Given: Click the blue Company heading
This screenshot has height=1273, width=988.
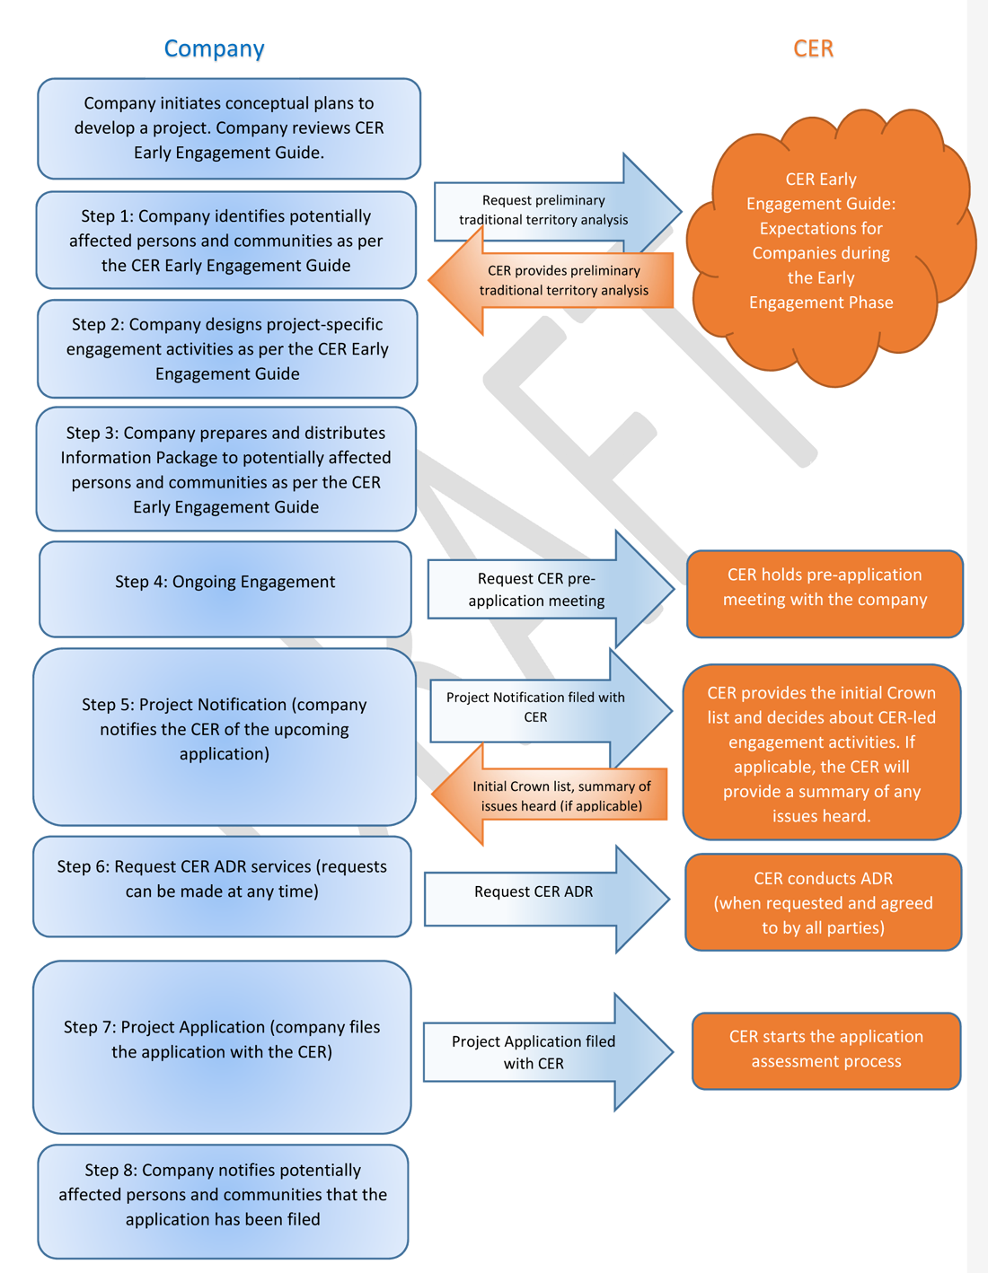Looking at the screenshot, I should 214,48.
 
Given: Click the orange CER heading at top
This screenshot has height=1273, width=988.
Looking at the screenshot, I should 813,48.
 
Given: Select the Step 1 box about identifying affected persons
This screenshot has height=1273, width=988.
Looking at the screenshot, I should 226,241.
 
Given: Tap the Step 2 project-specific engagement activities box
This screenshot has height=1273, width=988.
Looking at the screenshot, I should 227,349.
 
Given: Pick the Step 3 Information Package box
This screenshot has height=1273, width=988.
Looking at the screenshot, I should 226,470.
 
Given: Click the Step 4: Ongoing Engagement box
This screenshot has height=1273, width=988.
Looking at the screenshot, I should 225,582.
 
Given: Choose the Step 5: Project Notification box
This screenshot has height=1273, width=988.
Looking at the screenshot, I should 225,729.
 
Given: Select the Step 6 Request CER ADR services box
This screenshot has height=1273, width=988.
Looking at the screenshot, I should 222,880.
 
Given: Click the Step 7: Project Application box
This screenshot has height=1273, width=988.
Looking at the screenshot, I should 222,1040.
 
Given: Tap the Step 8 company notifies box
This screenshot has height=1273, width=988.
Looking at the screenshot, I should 223,1195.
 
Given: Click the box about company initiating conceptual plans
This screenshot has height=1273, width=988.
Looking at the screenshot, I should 229,127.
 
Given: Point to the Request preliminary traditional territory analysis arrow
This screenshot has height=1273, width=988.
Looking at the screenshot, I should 548,210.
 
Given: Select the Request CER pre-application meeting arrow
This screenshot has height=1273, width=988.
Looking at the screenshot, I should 539,590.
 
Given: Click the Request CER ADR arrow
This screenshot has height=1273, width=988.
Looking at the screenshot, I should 534,891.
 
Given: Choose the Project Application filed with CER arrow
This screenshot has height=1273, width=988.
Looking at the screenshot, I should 535,1052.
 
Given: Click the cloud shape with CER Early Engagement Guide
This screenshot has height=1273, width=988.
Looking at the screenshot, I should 822,241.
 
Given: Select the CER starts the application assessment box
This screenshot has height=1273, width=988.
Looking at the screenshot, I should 826,1049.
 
